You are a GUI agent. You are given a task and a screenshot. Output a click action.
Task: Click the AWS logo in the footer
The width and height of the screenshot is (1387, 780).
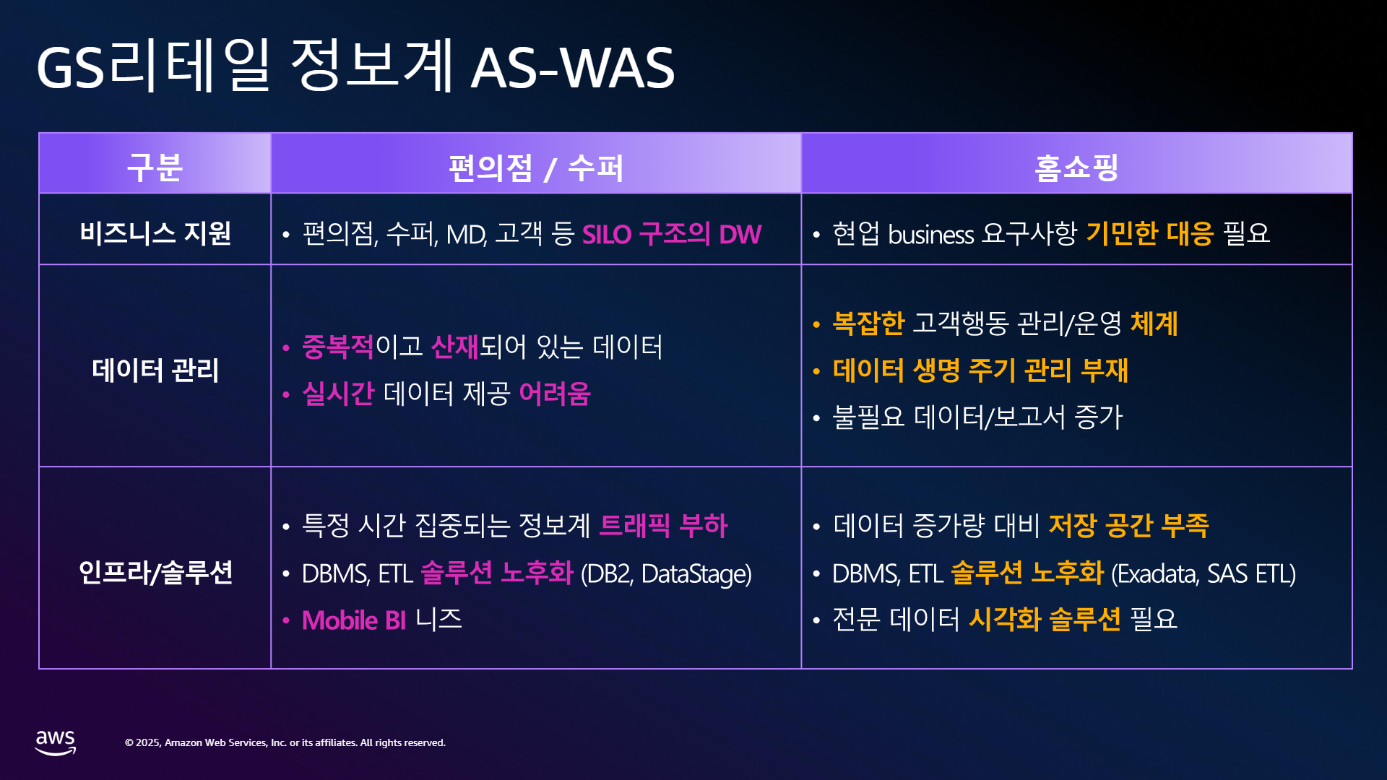(56, 742)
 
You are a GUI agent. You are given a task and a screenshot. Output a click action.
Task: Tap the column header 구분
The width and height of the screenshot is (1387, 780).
(155, 168)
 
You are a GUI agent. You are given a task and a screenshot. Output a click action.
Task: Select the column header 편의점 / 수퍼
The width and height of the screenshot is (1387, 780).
(535, 168)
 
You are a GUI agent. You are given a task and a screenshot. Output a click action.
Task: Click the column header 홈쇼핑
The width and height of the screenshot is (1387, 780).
(1076, 168)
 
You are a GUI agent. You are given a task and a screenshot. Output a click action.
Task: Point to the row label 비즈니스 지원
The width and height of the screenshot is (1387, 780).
(155, 233)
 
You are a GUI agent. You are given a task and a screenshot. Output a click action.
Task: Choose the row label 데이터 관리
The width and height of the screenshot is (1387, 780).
(155, 370)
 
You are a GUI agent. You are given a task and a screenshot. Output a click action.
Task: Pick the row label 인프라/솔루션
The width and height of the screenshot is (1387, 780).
(155, 572)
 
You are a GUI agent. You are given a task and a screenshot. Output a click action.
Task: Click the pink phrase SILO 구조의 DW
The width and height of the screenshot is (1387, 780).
(672, 234)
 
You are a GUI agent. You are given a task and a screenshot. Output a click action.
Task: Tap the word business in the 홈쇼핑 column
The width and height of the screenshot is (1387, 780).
(931, 235)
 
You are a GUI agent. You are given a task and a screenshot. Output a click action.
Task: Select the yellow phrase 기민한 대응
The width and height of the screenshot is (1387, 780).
(1150, 233)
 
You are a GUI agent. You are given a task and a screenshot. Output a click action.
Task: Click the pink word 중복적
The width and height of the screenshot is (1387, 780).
(338, 347)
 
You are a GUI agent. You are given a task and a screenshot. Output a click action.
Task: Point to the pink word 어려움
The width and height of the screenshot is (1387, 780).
(555, 394)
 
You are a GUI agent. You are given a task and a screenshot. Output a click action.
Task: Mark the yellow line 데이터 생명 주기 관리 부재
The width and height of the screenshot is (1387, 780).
(980, 370)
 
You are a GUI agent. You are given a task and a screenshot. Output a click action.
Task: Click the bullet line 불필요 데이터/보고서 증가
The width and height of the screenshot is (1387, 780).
(977, 417)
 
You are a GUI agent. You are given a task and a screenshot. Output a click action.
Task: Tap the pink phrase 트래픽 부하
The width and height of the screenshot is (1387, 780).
(664, 525)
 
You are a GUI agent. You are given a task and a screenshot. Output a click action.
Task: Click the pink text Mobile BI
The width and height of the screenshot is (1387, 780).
(354, 620)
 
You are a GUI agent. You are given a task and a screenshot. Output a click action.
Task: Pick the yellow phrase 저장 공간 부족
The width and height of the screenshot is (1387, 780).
(1128, 525)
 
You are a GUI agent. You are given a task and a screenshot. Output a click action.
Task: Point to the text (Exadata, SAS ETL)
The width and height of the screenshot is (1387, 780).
(1204, 574)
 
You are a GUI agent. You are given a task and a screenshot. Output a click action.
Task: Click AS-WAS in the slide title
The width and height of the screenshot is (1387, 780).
(572, 68)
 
